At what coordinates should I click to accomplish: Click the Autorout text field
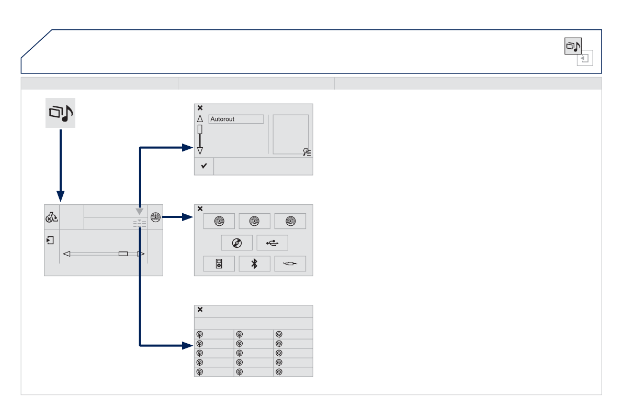point(236,119)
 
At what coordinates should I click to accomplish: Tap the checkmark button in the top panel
point(204,166)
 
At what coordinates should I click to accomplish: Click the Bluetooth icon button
point(255,264)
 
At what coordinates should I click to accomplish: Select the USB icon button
point(272,243)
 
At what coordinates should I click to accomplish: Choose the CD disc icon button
point(236,243)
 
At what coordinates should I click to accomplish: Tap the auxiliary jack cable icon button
point(290,264)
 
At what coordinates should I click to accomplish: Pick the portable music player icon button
point(219,264)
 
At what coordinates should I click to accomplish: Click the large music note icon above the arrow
point(60,113)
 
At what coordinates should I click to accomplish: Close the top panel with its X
point(200,108)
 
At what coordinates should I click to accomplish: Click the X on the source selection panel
point(200,209)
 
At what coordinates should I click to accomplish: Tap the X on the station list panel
point(200,309)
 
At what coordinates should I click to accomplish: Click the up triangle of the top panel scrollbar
point(200,119)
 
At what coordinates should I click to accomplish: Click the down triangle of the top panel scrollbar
point(200,151)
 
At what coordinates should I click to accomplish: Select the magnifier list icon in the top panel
point(307,152)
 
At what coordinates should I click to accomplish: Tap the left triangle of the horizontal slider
point(66,254)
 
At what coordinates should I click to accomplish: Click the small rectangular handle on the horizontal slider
point(123,254)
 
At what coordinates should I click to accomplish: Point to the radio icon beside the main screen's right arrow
point(155,216)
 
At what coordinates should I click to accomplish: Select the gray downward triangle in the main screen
point(140,211)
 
